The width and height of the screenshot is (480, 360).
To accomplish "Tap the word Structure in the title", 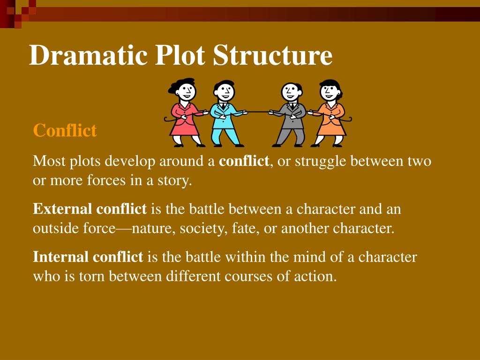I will click(x=273, y=56).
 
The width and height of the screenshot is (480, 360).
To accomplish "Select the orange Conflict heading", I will click(x=65, y=131).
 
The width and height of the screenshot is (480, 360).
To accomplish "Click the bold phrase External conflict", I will click(x=90, y=209).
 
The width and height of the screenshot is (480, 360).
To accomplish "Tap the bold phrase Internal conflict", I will click(x=88, y=257).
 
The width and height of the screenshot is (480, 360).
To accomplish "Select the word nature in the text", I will click(x=149, y=229).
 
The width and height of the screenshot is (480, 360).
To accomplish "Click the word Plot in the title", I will click(x=180, y=56).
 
